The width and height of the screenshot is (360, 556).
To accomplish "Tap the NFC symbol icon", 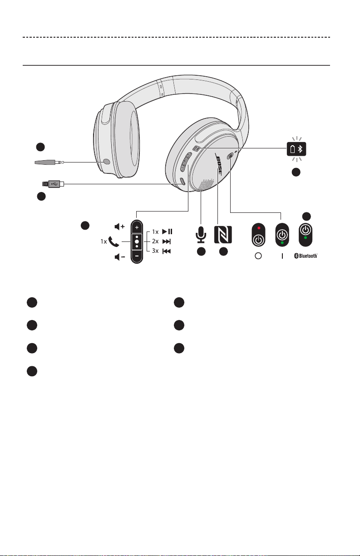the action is click(x=223, y=235).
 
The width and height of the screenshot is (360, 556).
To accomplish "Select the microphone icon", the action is click(x=201, y=235).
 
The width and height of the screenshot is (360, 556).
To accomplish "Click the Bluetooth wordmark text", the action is click(x=306, y=256).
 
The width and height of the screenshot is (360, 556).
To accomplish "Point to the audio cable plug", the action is click(x=49, y=162).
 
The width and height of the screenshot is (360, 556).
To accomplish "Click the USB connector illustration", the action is click(x=53, y=184).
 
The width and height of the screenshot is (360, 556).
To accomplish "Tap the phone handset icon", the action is click(x=113, y=241).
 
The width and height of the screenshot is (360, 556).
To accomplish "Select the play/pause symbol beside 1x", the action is click(x=167, y=231).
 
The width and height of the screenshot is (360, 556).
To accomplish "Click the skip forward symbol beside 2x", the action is click(x=166, y=241).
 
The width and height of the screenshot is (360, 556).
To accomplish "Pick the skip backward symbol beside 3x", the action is click(x=167, y=251).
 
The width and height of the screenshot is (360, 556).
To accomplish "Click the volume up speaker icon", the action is click(x=120, y=226).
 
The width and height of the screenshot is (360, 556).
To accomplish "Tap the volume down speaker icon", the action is click(x=120, y=257).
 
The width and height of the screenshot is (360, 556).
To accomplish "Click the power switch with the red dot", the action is click(x=258, y=235).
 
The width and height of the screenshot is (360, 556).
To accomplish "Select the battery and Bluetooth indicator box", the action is click(x=296, y=149).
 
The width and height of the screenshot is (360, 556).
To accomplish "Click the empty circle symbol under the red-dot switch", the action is click(x=258, y=256).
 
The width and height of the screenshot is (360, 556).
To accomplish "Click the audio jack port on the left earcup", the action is click(x=107, y=162).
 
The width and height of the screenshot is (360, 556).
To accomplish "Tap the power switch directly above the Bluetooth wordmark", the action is click(x=306, y=235).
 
